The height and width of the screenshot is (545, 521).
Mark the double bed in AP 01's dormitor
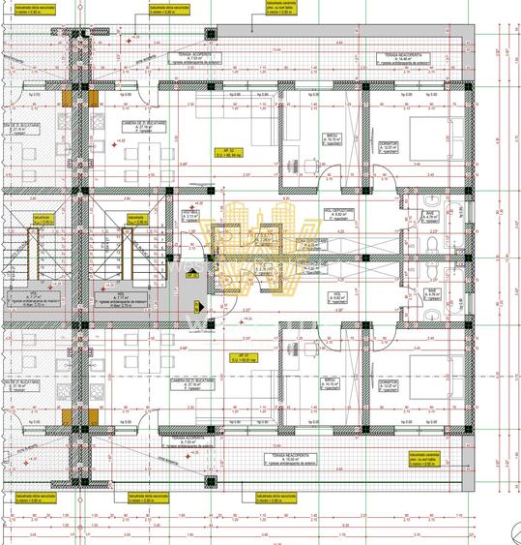click(x=422, y=373)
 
